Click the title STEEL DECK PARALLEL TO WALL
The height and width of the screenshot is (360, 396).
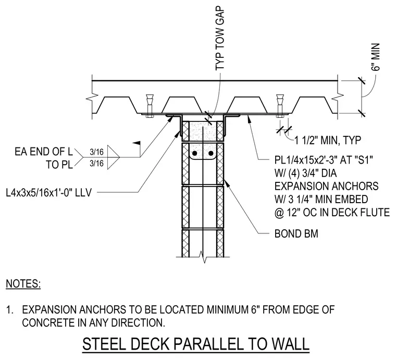[196, 344]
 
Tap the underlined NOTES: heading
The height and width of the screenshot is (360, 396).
[23, 283]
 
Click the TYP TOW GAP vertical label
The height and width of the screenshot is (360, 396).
[220, 39]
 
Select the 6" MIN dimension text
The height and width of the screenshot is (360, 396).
[376, 57]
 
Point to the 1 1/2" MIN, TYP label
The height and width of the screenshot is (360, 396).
[328, 140]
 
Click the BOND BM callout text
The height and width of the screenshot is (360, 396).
[296, 233]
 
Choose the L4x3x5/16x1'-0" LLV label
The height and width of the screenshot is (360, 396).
[49, 193]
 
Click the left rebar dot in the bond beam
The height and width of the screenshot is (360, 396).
[194, 153]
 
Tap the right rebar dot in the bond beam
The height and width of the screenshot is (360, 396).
[211, 153]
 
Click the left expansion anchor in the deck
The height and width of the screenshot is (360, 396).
[149, 106]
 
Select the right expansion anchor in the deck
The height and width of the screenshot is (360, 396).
[280, 106]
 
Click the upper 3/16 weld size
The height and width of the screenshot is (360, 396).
[96, 152]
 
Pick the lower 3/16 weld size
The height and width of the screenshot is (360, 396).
[96, 164]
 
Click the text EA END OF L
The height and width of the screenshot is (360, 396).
[44, 152]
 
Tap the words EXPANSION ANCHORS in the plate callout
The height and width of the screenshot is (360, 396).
[326, 186]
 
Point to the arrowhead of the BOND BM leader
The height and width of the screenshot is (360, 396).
[226, 183]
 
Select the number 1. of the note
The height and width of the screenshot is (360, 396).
[10, 310]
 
